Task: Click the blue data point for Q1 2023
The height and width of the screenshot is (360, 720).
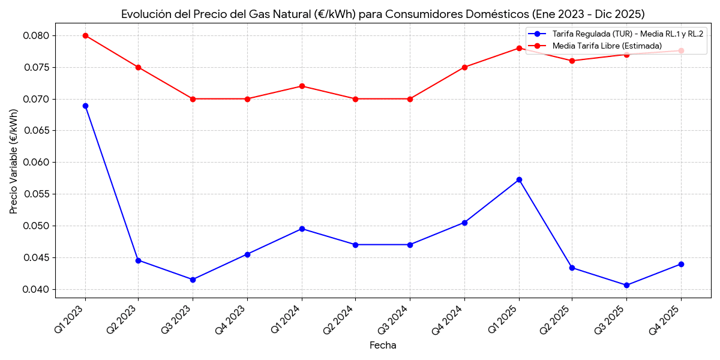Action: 85,106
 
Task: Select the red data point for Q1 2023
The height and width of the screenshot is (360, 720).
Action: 85,35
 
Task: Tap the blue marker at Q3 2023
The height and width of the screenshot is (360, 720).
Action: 193,280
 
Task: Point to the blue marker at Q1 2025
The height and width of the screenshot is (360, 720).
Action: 519,179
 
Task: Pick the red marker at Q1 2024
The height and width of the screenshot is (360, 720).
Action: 302,86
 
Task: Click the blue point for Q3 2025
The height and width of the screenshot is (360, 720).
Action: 626,285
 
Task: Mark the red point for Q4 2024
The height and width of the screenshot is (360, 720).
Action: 464,67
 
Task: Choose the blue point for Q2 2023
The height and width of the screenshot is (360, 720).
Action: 138,260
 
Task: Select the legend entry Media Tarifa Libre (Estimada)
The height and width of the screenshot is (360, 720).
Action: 607,46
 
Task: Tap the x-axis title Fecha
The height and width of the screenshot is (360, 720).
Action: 383,346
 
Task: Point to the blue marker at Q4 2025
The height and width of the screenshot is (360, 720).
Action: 681,264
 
